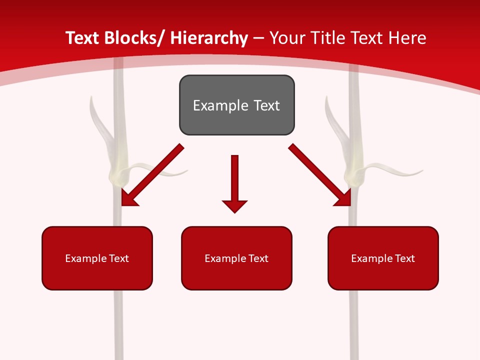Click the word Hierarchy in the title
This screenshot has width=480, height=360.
(x=208, y=38)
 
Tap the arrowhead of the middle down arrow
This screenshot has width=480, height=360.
(x=234, y=205)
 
